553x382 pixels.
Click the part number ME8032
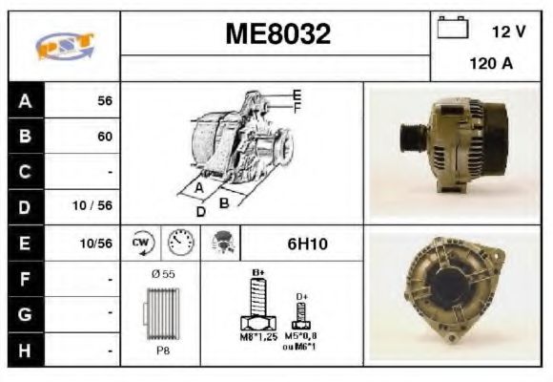tap(276, 35)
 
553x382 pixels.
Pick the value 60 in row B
tap(104, 137)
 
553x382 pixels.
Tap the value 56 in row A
tap(104, 100)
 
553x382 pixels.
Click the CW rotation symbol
tap(142, 243)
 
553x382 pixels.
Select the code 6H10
tap(307, 244)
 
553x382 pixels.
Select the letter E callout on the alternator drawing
tap(297, 95)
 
